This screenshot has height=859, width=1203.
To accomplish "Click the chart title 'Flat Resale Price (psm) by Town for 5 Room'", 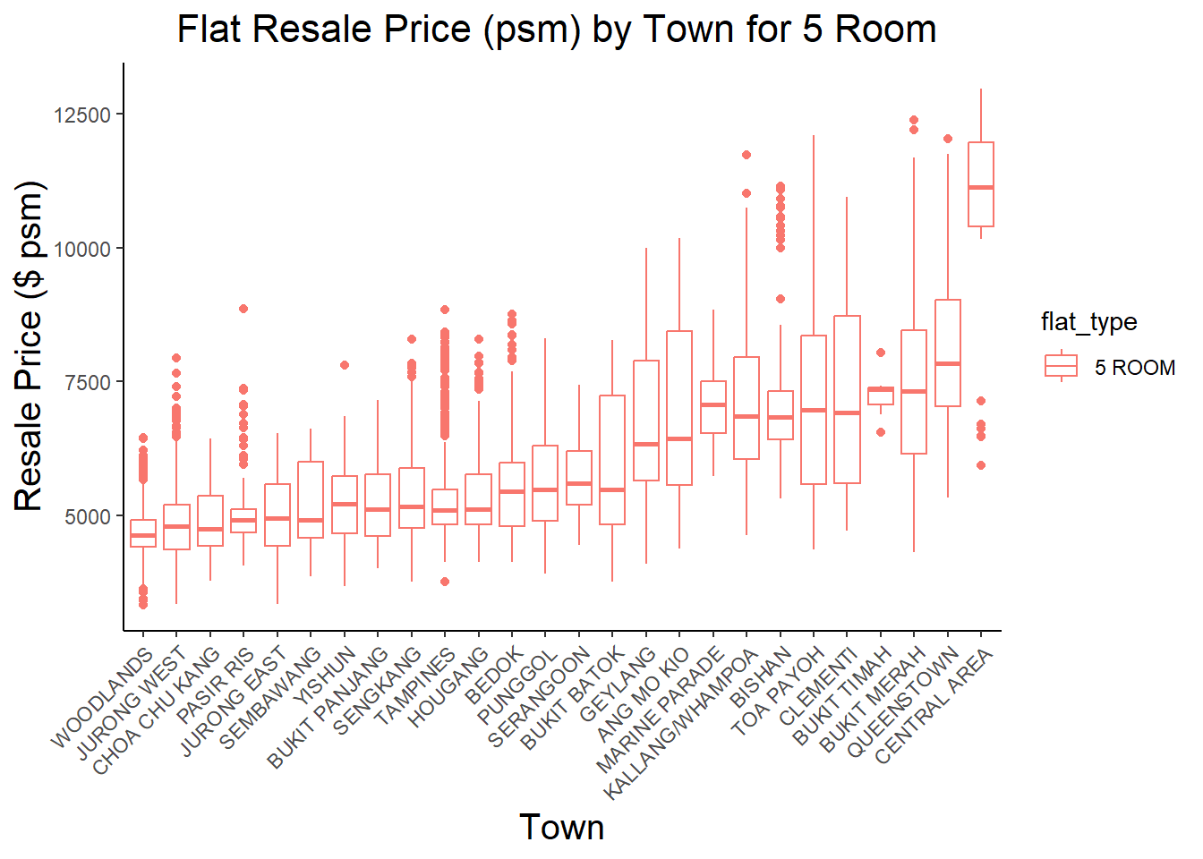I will (x=556, y=30).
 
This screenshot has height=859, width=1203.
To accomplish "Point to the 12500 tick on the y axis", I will (x=82, y=115).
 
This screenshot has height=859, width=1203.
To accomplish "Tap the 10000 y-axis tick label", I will (x=82, y=250).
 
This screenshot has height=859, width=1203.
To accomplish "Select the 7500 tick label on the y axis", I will (x=87, y=383).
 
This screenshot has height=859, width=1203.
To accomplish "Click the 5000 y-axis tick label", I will (x=87, y=517).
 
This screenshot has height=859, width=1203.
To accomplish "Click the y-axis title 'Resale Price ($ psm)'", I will (x=29, y=346).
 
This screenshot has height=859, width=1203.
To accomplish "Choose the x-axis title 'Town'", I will (x=561, y=828).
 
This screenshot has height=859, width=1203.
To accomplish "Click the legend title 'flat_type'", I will (x=1088, y=322).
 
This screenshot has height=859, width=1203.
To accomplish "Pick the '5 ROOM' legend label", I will (x=1134, y=368).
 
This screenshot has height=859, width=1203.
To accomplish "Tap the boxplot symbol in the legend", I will (x=1061, y=366).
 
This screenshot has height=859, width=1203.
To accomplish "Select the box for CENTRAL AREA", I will (x=981, y=183).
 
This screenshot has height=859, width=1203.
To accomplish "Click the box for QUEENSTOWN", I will (x=947, y=353).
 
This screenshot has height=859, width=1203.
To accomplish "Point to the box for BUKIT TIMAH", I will (x=881, y=395).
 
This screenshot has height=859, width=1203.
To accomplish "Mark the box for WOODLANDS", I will (x=143, y=533).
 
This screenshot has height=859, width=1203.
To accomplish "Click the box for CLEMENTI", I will (x=847, y=399).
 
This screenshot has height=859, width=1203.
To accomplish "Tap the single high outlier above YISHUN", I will (x=345, y=365).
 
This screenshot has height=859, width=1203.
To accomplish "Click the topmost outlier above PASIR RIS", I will (x=243, y=309).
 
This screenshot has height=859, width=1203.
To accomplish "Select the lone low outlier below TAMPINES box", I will (x=445, y=582).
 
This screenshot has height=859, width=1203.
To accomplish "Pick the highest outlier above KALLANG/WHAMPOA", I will (x=747, y=155).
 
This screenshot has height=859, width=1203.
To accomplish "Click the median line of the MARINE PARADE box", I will (x=713, y=405).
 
